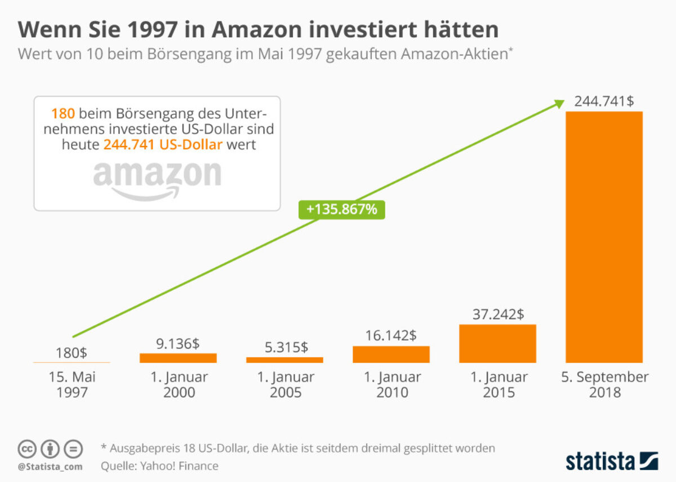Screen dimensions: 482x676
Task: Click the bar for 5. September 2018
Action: click(x=604, y=237)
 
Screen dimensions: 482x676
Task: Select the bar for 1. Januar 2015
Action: click(x=497, y=343)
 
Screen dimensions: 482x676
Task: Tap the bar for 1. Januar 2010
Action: click(x=391, y=354)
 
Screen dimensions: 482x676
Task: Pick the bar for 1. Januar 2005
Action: click(x=284, y=360)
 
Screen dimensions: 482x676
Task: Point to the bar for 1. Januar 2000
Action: click(x=178, y=357)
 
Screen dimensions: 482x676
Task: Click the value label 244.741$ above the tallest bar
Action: click(x=604, y=101)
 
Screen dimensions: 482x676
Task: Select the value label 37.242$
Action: click(x=497, y=314)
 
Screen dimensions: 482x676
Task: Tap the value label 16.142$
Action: click(x=391, y=336)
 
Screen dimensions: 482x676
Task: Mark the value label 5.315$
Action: click(x=284, y=347)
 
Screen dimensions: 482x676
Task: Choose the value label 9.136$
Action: click(x=178, y=343)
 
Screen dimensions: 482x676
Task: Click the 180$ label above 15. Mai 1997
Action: click(x=72, y=353)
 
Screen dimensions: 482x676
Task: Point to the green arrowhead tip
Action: click(x=562, y=101)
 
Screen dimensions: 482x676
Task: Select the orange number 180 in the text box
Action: click(x=63, y=113)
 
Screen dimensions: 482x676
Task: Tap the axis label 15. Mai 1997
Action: click(x=72, y=384)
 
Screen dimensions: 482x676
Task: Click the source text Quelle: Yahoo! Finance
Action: click(x=159, y=466)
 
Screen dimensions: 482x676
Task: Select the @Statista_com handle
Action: click(x=50, y=467)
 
